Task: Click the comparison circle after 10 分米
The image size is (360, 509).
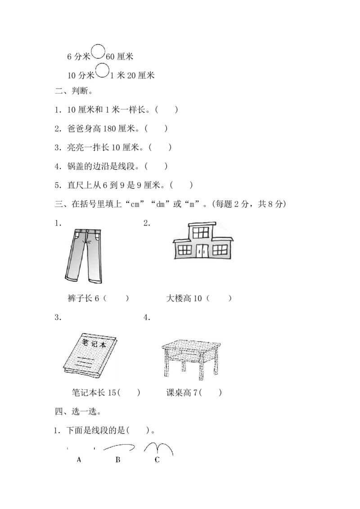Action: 102,71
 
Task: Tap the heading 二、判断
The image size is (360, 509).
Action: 74,91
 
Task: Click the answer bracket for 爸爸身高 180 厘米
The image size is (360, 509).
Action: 156,129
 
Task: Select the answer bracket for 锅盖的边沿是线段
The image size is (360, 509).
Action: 156,166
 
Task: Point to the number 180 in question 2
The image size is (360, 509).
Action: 109,129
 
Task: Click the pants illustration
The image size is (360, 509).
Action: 84,255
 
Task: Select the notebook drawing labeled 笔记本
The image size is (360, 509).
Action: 90,356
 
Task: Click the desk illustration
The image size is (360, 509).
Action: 191,360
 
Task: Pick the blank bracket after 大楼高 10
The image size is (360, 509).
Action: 219,298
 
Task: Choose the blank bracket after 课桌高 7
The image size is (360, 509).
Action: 210,393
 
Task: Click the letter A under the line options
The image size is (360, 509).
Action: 79,460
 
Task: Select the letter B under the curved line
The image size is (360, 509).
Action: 118,460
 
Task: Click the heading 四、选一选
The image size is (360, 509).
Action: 78,411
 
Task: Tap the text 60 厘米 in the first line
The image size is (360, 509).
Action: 120,57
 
